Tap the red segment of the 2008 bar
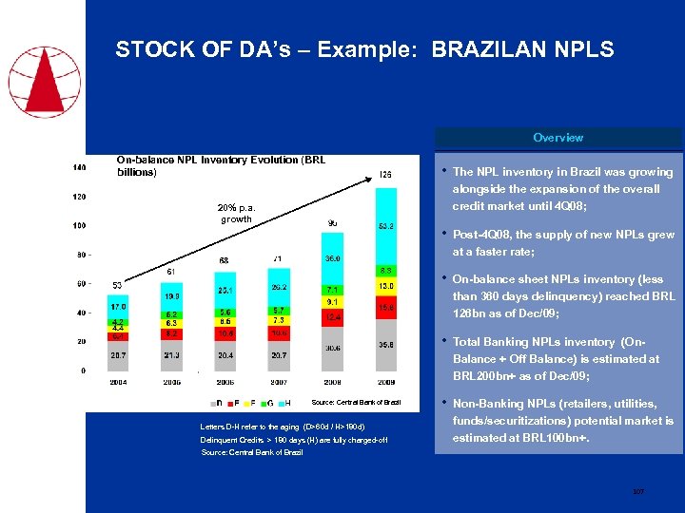pyautogui.click(x=332, y=316)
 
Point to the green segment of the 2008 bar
pyautogui.click(x=332, y=289)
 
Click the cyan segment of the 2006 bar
pyautogui.click(x=225, y=290)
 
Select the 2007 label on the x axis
pyautogui.click(x=279, y=382)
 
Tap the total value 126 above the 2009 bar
pyautogui.click(x=385, y=175)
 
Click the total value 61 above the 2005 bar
pyautogui.click(x=170, y=272)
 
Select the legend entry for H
pyautogui.click(x=288, y=403)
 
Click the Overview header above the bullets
pyautogui.click(x=558, y=138)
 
